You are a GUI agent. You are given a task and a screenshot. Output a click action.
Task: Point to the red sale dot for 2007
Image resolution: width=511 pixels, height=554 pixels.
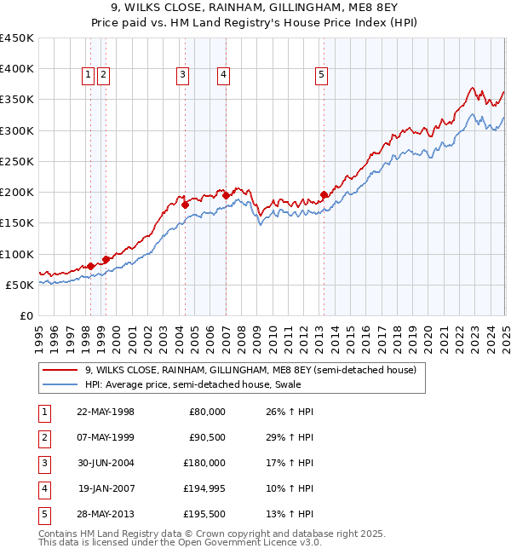coord(226,196)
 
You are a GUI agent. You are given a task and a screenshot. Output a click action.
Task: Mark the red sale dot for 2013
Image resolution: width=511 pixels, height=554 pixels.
coord(324,195)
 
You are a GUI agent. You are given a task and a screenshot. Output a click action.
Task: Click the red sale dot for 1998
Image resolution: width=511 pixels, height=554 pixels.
coord(90,266)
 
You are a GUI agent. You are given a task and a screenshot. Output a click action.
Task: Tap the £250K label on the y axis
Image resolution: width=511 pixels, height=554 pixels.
coord(17,161)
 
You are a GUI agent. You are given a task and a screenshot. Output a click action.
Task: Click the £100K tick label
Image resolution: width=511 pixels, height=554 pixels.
coord(17,254)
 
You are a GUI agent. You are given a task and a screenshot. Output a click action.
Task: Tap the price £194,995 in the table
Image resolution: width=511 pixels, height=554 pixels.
coord(204,488)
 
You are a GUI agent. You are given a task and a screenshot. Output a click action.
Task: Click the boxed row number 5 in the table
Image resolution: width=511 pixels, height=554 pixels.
coord(43,514)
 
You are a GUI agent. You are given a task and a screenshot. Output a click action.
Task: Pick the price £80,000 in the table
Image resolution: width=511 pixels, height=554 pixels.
coord(207,412)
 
